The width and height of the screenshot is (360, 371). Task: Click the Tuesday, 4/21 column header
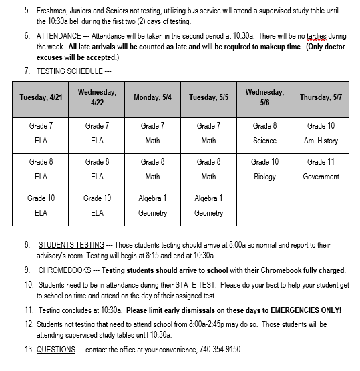click(x=41, y=97)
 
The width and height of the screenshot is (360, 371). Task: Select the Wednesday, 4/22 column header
click(x=97, y=97)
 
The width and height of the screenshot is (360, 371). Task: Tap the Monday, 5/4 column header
click(x=152, y=97)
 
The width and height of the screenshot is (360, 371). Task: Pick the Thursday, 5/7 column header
click(x=321, y=97)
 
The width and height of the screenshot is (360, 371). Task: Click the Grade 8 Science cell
click(x=264, y=133)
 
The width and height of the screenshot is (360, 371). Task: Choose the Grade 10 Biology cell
click(x=264, y=169)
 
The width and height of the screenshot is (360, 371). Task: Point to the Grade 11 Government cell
click(x=321, y=169)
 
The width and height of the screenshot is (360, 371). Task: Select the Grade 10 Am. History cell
click(x=321, y=133)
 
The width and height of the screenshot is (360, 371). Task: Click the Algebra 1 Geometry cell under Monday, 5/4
click(x=152, y=206)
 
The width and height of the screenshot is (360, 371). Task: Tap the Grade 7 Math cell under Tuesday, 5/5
click(x=208, y=133)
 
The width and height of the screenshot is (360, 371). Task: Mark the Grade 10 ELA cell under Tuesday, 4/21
click(x=41, y=206)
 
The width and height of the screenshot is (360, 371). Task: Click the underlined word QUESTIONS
click(x=56, y=349)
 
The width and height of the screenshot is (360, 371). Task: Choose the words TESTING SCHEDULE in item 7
click(x=69, y=71)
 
